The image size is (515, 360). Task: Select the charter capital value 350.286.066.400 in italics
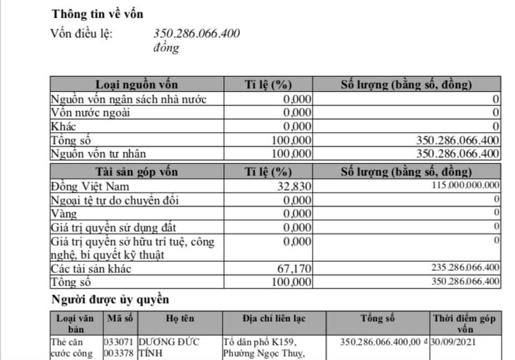pyautogui.click(x=196, y=33)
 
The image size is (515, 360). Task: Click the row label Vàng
pyautogui.click(x=64, y=213)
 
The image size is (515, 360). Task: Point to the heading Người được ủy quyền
pyautogui.click(x=110, y=299)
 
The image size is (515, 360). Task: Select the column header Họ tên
pyautogui.click(x=179, y=318)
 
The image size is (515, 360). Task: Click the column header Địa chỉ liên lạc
pyautogui.click(x=274, y=318)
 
